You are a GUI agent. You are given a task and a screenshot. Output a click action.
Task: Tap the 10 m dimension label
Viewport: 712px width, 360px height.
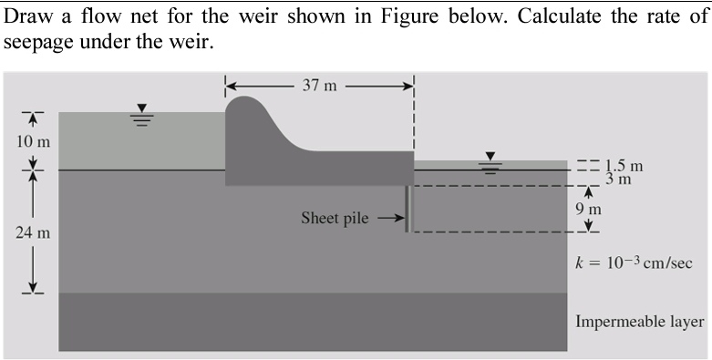point(34,141)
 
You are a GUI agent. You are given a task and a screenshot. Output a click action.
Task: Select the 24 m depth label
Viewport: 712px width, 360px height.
point(34,232)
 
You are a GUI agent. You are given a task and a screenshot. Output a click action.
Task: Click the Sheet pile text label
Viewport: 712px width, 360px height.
point(335,219)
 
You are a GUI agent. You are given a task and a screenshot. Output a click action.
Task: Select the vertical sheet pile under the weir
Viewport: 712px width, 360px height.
point(408,209)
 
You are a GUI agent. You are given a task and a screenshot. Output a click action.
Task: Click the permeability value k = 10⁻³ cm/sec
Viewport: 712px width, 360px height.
point(635,263)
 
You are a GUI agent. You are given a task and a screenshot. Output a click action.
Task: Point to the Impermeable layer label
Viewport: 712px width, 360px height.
point(639,322)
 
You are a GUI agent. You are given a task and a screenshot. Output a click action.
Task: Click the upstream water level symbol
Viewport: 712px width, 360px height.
point(140,116)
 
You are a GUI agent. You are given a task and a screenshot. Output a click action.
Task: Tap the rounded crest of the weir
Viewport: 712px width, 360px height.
point(242,104)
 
